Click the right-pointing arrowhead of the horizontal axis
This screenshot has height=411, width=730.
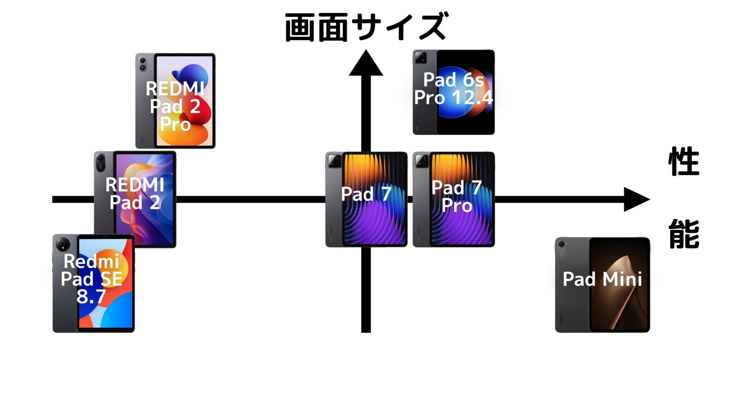click(x=636, y=199)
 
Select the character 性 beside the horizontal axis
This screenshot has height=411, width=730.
click(x=684, y=161)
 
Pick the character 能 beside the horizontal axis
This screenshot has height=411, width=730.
click(x=684, y=234)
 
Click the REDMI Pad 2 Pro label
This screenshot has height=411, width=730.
click(x=175, y=106)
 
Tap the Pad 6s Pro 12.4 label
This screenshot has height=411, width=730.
click(x=454, y=89)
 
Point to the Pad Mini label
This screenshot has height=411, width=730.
click(x=602, y=279)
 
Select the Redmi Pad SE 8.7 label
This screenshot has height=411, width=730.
click(x=92, y=279)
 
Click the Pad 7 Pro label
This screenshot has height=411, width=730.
click(x=457, y=196)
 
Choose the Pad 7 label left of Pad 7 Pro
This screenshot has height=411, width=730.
click(x=366, y=194)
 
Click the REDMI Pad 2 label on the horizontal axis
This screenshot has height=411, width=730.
click(x=135, y=193)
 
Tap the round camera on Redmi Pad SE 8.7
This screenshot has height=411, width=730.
click(x=63, y=244)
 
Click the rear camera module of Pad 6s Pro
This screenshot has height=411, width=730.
click(x=421, y=58)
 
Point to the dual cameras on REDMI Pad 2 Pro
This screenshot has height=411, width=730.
click(x=143, y=64)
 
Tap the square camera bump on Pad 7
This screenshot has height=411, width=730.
click(x=335, y=161)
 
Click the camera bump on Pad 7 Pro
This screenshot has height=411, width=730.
click(x=422, y=161)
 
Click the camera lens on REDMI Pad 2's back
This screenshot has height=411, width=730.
click(x=101, y=159)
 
